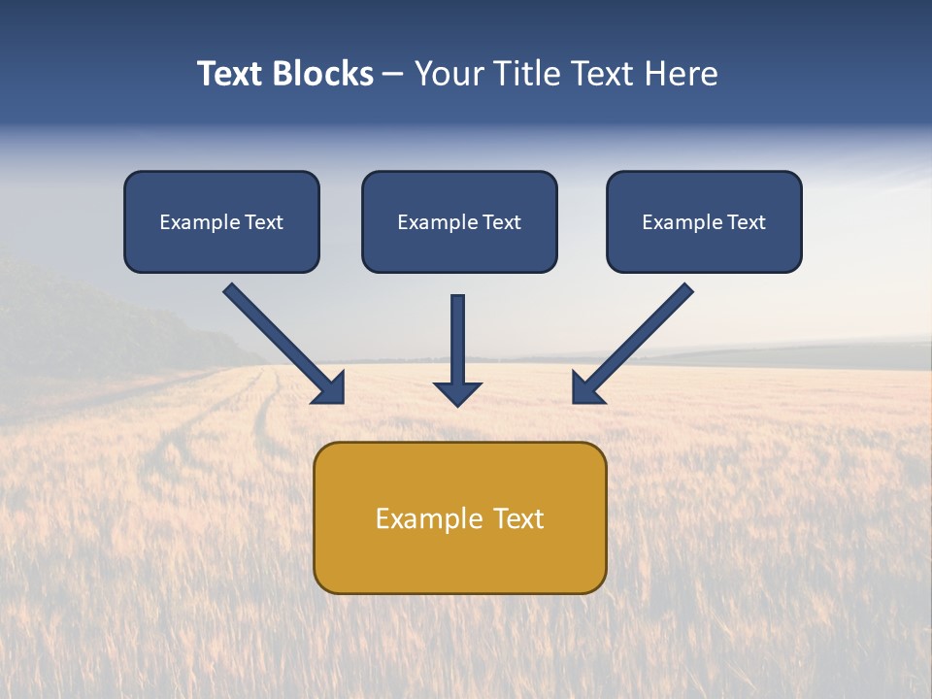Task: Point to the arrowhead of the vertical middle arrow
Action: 457,393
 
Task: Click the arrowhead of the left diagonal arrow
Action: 330,389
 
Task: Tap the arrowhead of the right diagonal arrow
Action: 586,389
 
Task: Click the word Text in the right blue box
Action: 747,222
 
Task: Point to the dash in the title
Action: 393,75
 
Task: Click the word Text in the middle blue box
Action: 501,222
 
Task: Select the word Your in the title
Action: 449,74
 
